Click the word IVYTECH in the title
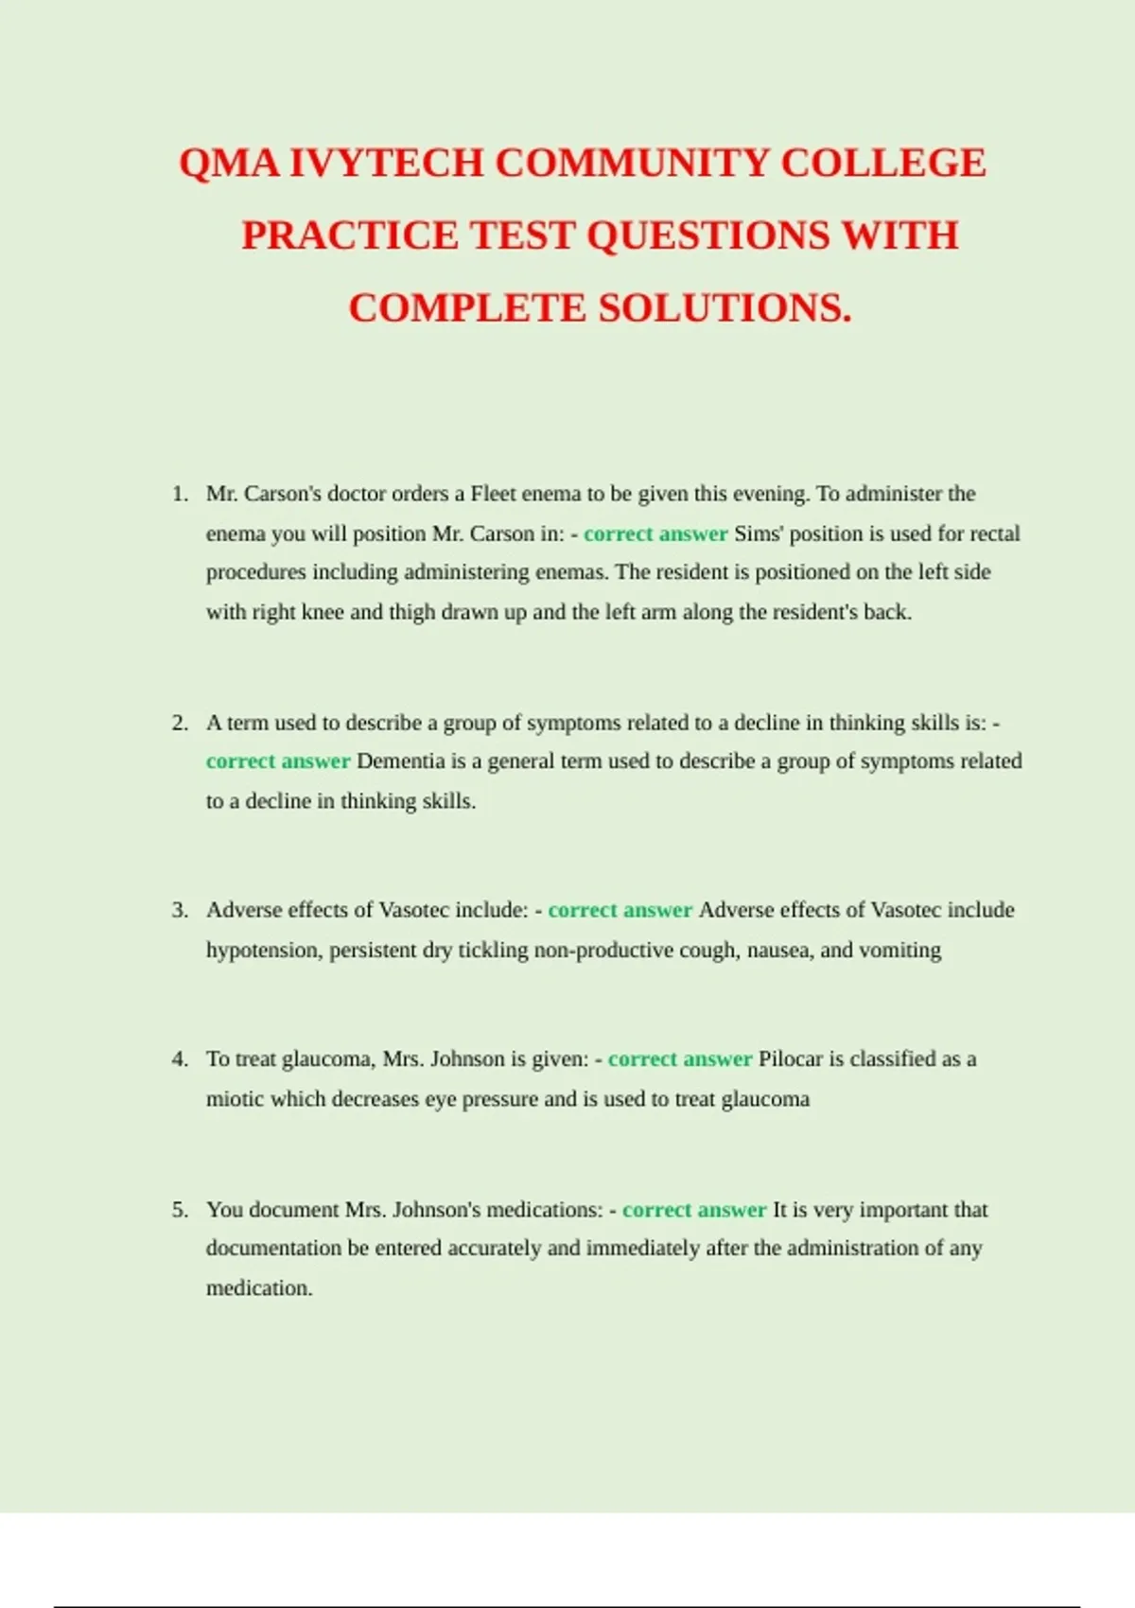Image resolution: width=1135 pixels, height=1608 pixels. [386, 163]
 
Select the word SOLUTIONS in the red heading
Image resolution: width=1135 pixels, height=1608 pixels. [725, 308]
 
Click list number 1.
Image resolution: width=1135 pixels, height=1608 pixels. [180, 494]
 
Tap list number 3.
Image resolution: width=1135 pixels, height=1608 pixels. [180, 910]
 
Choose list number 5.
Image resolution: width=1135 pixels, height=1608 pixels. [180, 1210]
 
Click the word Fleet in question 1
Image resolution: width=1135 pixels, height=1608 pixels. [493, 494]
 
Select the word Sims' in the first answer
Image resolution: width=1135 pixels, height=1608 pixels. [759, 533]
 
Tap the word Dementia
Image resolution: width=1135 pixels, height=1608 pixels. [400, 761]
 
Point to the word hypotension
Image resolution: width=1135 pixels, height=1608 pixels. [265, 950]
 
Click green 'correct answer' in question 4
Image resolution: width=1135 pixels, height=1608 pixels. [680, 1059]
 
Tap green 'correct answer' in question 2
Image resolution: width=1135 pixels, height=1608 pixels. [278, 761]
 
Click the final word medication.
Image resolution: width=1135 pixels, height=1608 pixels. [258, 1288]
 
